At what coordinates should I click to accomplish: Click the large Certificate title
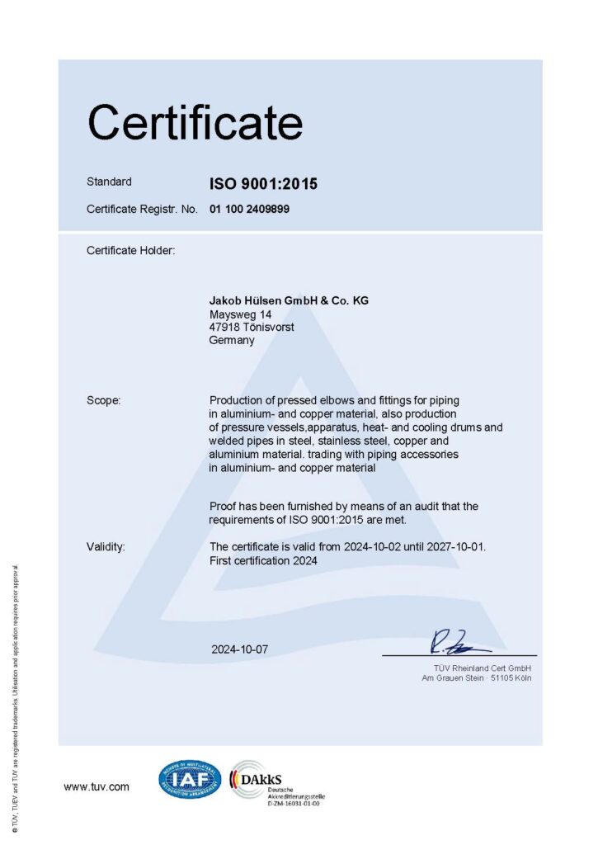click(x=195, y=123)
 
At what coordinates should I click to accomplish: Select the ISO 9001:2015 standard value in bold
click(x=263, y=184)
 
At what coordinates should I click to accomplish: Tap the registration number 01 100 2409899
click(x=249, y=210)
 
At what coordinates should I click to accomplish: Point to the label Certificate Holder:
click(x=131, y=250)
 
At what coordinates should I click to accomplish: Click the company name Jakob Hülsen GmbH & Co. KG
click(x=289, y=301)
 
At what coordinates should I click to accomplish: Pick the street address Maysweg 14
click(x=241, y=314)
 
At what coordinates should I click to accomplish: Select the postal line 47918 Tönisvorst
click(x=252, y=328)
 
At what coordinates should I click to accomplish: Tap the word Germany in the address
click(x=233, y=340)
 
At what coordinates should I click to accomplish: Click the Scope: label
click(x=104, y=400)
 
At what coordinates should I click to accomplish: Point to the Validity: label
click(x=106, y=547)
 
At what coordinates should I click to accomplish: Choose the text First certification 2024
click(x=263, y=561)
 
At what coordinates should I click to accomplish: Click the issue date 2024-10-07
click(x=240, y=649)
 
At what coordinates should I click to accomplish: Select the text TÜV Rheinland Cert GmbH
click(x=483, y=668)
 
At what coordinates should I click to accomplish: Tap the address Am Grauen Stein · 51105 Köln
click(x=477, y=678)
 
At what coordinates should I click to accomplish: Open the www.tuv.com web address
click(x=97, y=787)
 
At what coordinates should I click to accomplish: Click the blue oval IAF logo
click(x=190, y=780)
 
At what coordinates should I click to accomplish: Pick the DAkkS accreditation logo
click(x=262, y=780)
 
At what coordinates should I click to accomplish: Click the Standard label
click(x=109, y=182)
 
